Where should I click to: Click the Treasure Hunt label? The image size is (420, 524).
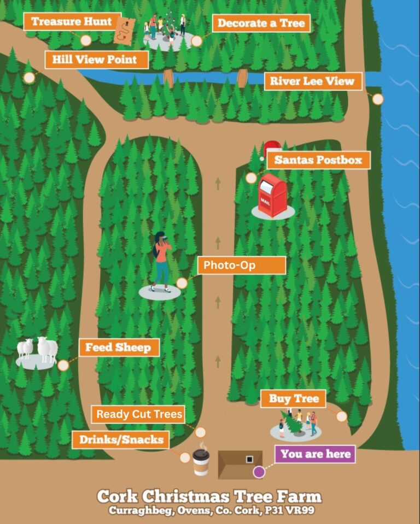72,22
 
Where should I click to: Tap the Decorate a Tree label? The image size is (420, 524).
261,23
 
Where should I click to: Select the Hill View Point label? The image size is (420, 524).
96,60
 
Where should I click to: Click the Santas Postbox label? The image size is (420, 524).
318,160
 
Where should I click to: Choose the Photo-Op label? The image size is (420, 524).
241,266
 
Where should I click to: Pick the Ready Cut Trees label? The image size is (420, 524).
138,414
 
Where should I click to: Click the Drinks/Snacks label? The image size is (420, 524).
121,440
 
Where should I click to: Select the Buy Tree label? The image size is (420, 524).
293,398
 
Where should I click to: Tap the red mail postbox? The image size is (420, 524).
272,195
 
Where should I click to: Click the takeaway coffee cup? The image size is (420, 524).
201,459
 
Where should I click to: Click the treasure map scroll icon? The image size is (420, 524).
125,31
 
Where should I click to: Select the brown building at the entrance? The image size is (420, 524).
240,464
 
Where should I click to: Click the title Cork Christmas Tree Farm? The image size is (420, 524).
209,497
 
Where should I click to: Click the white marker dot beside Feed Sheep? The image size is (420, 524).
63,365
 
